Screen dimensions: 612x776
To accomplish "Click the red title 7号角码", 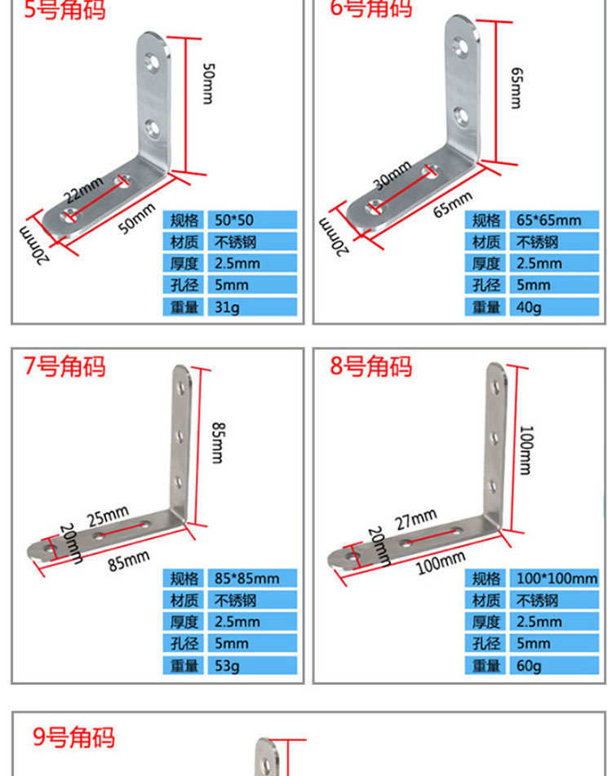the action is coord(64,366).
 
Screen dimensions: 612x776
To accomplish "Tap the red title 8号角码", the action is coord(371,366).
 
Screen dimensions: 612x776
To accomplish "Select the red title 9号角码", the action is coord(74,738).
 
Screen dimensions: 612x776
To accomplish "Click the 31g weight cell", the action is coord(252,307).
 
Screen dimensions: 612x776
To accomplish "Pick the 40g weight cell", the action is coord(554,307).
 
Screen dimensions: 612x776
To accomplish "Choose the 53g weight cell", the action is coord(252,665).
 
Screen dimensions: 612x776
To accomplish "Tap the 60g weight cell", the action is coord(554,665).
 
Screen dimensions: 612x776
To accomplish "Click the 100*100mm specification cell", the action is coord(554,578).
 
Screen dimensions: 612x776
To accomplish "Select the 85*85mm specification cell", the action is coord(252,578).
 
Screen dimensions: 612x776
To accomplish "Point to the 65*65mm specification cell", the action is coord(554,219).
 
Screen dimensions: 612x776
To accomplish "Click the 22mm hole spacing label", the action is coord(83,189).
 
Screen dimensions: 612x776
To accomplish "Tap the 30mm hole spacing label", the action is coord(392,175).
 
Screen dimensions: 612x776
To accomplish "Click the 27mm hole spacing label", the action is coord(415,519).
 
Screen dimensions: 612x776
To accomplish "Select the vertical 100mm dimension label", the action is coord(526,450).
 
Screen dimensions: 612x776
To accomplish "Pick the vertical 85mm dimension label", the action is coord(218,442).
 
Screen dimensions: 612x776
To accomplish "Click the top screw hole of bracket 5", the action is coord(152,62).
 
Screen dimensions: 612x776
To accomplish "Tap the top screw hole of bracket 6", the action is coord(461,47).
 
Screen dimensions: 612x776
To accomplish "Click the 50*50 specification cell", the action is coord(252,219).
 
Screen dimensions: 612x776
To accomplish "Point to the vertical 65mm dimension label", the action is coord(516,87).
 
